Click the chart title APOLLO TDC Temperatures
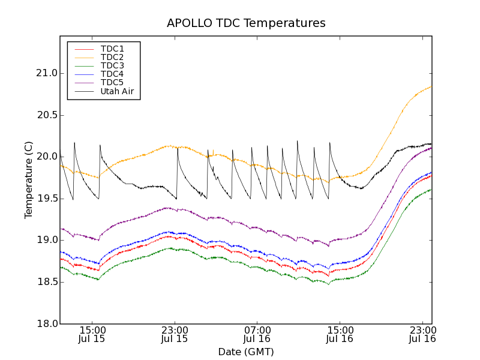(x=246, y=23)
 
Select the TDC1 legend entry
(x=112, y=49)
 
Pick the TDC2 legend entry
(x=112, y=57)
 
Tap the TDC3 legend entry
(x=112, y=65)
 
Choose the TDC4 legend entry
(x=112, y=74)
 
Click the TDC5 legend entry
(x=112, y=82)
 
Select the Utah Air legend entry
(x=117, y=91)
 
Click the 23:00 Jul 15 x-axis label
(x=175, y=334)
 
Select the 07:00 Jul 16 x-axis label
(x=257, y=334)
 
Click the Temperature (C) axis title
(x=29, y=180)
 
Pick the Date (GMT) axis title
(x=246, y=352)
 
